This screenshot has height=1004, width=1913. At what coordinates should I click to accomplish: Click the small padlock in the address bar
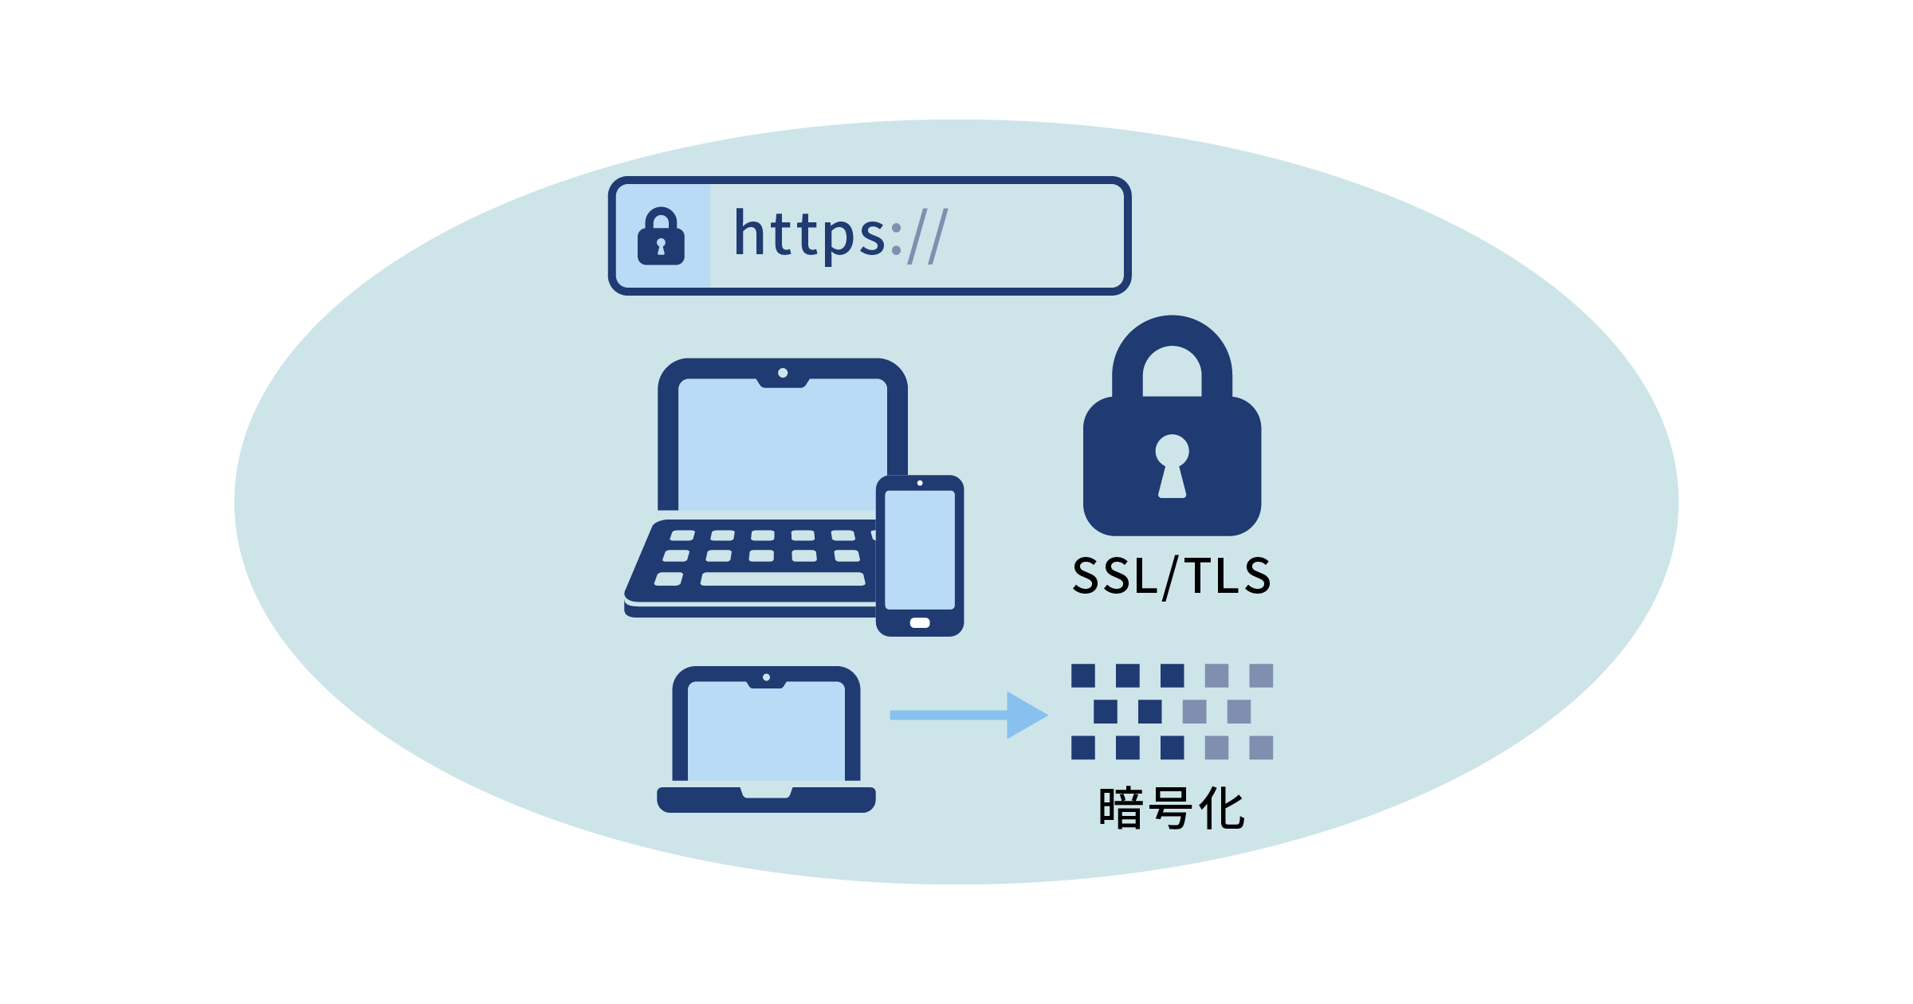[661, 237]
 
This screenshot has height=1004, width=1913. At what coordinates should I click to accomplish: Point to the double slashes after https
[928, 236]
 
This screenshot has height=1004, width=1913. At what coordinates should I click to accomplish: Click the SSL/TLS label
[1171, 576]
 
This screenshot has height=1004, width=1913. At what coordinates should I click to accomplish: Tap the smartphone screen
[920, 549]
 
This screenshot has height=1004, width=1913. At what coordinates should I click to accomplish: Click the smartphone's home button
[920, 623]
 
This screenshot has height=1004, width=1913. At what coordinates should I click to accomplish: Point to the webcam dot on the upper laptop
[783, 373]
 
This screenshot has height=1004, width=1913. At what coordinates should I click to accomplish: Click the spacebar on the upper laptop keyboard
[783, 579]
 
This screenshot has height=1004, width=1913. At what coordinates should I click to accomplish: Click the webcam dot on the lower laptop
[766, 677]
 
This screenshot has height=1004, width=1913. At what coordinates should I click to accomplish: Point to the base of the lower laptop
[766, 801]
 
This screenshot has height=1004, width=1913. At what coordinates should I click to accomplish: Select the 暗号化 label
[1171, 809]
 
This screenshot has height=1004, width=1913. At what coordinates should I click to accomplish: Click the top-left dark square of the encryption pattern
[1083, 676]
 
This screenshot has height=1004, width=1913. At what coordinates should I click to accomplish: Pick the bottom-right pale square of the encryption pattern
[1261, 747]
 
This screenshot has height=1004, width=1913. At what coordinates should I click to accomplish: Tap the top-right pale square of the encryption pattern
[1261, 676]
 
